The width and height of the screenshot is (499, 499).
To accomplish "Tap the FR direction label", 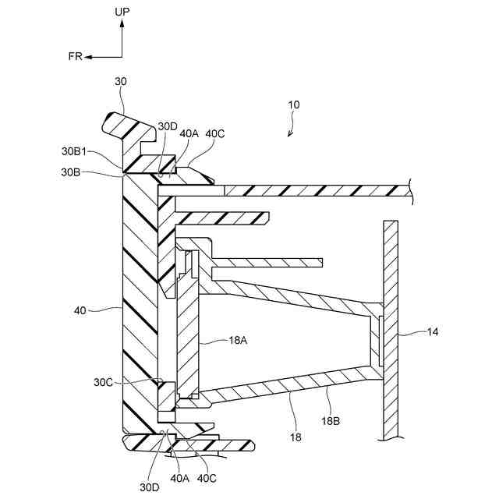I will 75,57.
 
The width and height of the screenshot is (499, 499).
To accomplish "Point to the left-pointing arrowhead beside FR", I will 89,57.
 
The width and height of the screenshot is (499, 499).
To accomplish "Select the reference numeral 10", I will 293,104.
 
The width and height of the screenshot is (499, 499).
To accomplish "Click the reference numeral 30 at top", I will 121,80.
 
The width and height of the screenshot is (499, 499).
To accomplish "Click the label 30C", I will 104,382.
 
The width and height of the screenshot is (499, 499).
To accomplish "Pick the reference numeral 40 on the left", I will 80,310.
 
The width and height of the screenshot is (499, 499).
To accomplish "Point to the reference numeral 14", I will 433,331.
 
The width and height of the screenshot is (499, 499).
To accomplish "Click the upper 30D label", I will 168,126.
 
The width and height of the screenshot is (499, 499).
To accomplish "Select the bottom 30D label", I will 150,487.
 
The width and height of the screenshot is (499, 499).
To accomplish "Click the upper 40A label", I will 189,133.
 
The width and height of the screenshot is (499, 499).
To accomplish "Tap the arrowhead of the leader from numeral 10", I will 288,135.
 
